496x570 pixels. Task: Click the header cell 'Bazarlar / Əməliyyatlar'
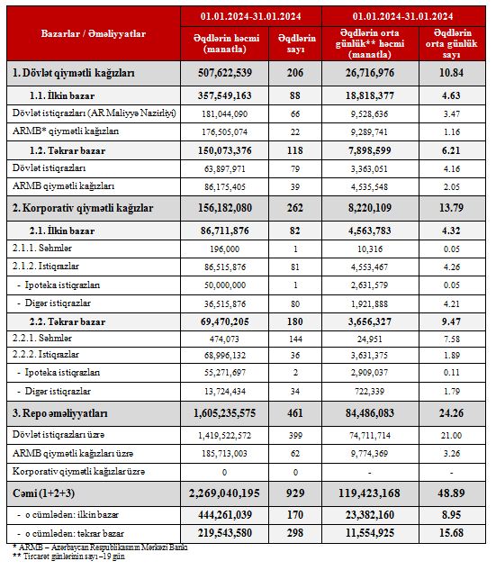pyautogui.click(x=94, y=34)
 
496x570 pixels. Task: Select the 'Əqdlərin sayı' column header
pyautogui.click(x=296, y=43)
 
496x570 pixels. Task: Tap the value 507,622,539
pyautogui.click(x=224, y=73)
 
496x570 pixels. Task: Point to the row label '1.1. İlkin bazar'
pyautogui.click(x=62, y=95)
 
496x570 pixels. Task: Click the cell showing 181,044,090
pyautogui.click(x=224, y=113)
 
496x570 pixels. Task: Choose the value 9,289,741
pyautogui.click(x=369, y=132)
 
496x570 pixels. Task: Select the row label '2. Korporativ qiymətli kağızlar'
pyautogui.click(x=83, y=208)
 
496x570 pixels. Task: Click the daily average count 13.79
pyautogui.click(x=451, y=208)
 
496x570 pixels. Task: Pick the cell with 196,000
pyautogui.click(x=224, y=249)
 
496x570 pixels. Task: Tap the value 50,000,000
pyautogui.click(x=224, y=285)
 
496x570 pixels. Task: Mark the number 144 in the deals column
pyautogui.click(x=295, y=339)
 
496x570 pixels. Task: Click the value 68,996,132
pyautogui.click(x=224, y=355)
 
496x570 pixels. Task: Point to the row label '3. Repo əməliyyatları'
pyautogui.click(x=60, y=413)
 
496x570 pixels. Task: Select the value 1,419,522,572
pyautogui.click(x=224, y=436)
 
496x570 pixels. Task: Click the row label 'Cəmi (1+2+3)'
pyautogui.click(x=43, y=493)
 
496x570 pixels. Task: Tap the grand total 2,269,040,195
pyautogui.click(x=224, y=493)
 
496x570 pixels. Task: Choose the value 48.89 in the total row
pyautogui.click(x=451, y=493)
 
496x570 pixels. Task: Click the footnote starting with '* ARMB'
pyautogui.click(x=100, y=547)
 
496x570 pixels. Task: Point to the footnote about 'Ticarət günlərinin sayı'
pyautogui.click(x=68, y=556)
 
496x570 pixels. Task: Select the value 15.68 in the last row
pyautogui.click(x=451, y=533)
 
